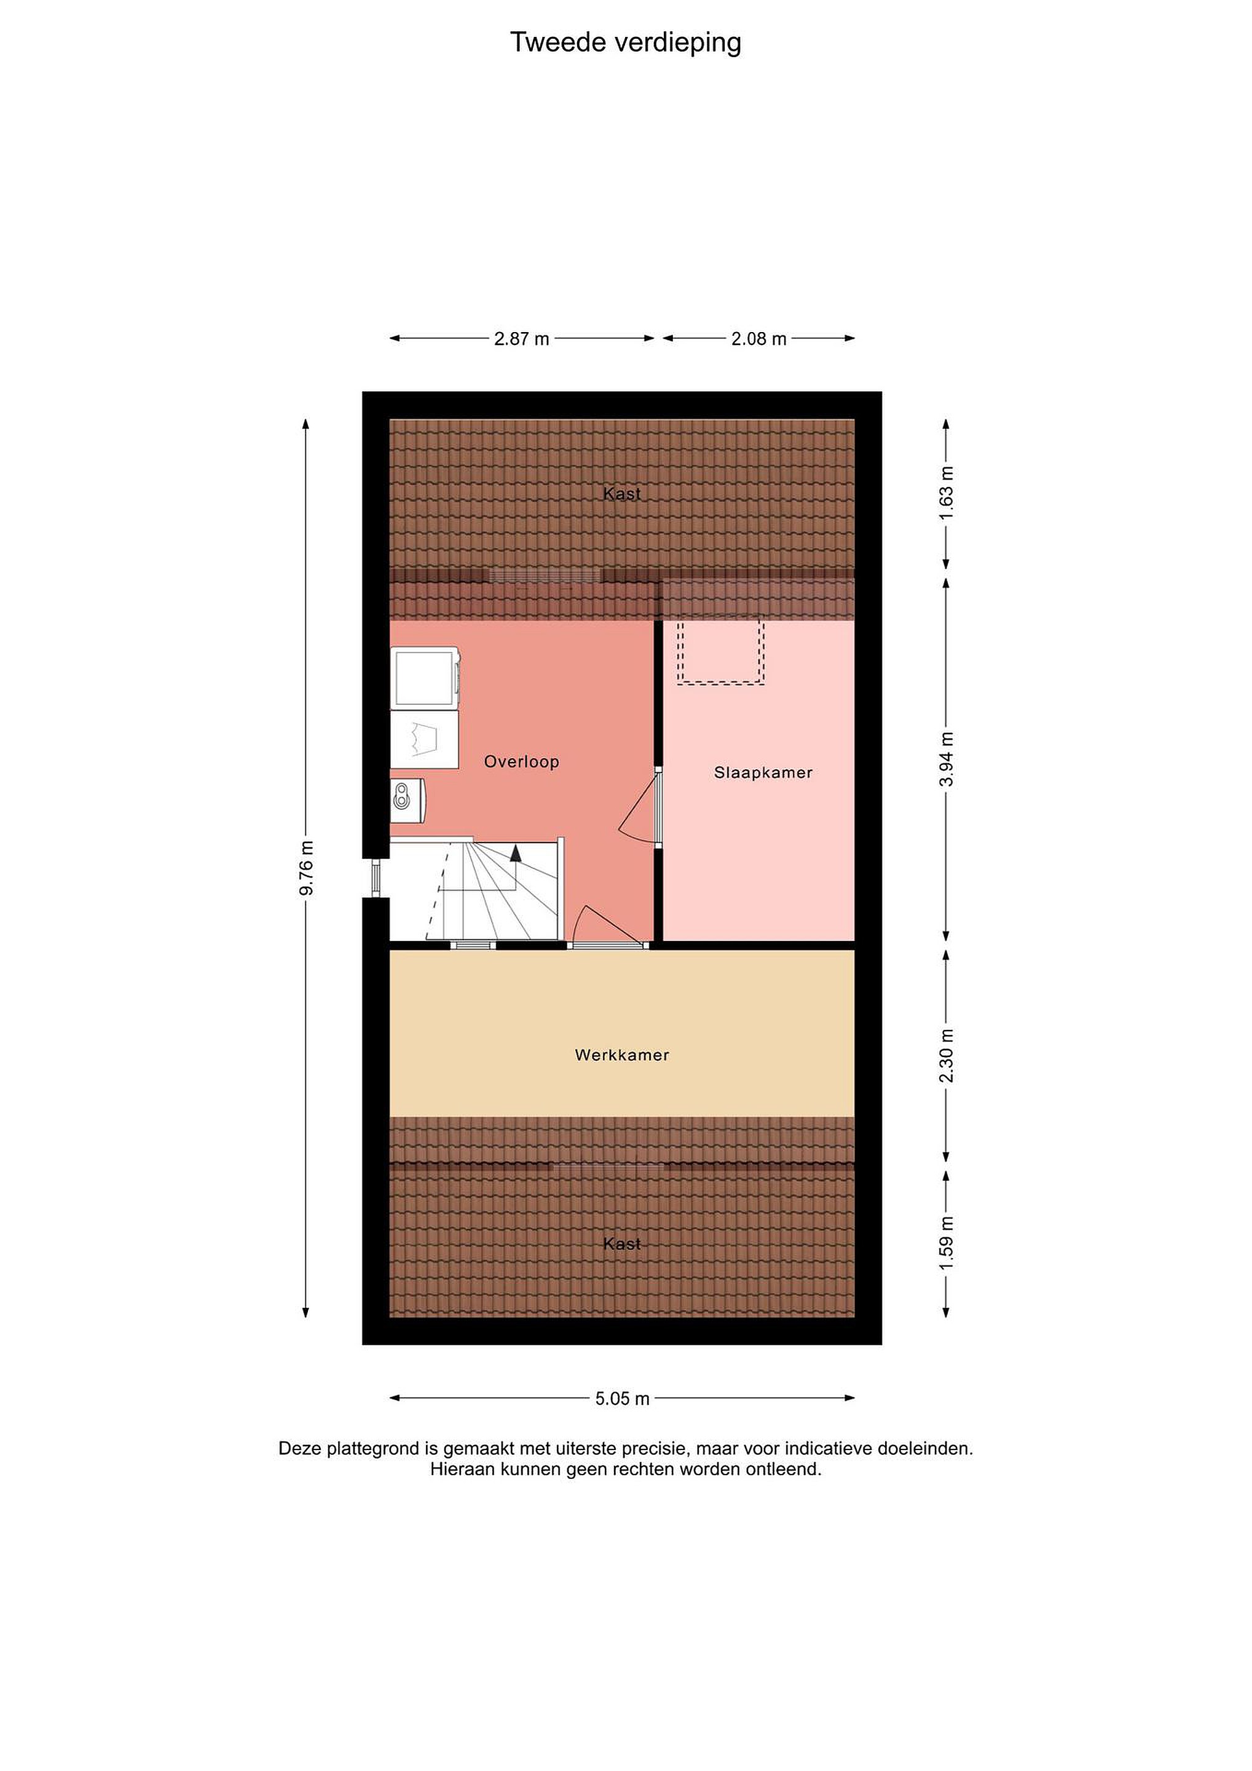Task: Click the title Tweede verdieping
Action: [625, 43]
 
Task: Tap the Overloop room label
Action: [521, 762]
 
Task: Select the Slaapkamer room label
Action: [763, 773]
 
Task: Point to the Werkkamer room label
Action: [622, 1055]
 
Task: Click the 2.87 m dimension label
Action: [522, 339]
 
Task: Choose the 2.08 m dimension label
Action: [758, 339]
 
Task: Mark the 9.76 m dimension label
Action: [306, 868]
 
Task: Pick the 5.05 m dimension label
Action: [622, 1398]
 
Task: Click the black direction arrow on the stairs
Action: [515, 852]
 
